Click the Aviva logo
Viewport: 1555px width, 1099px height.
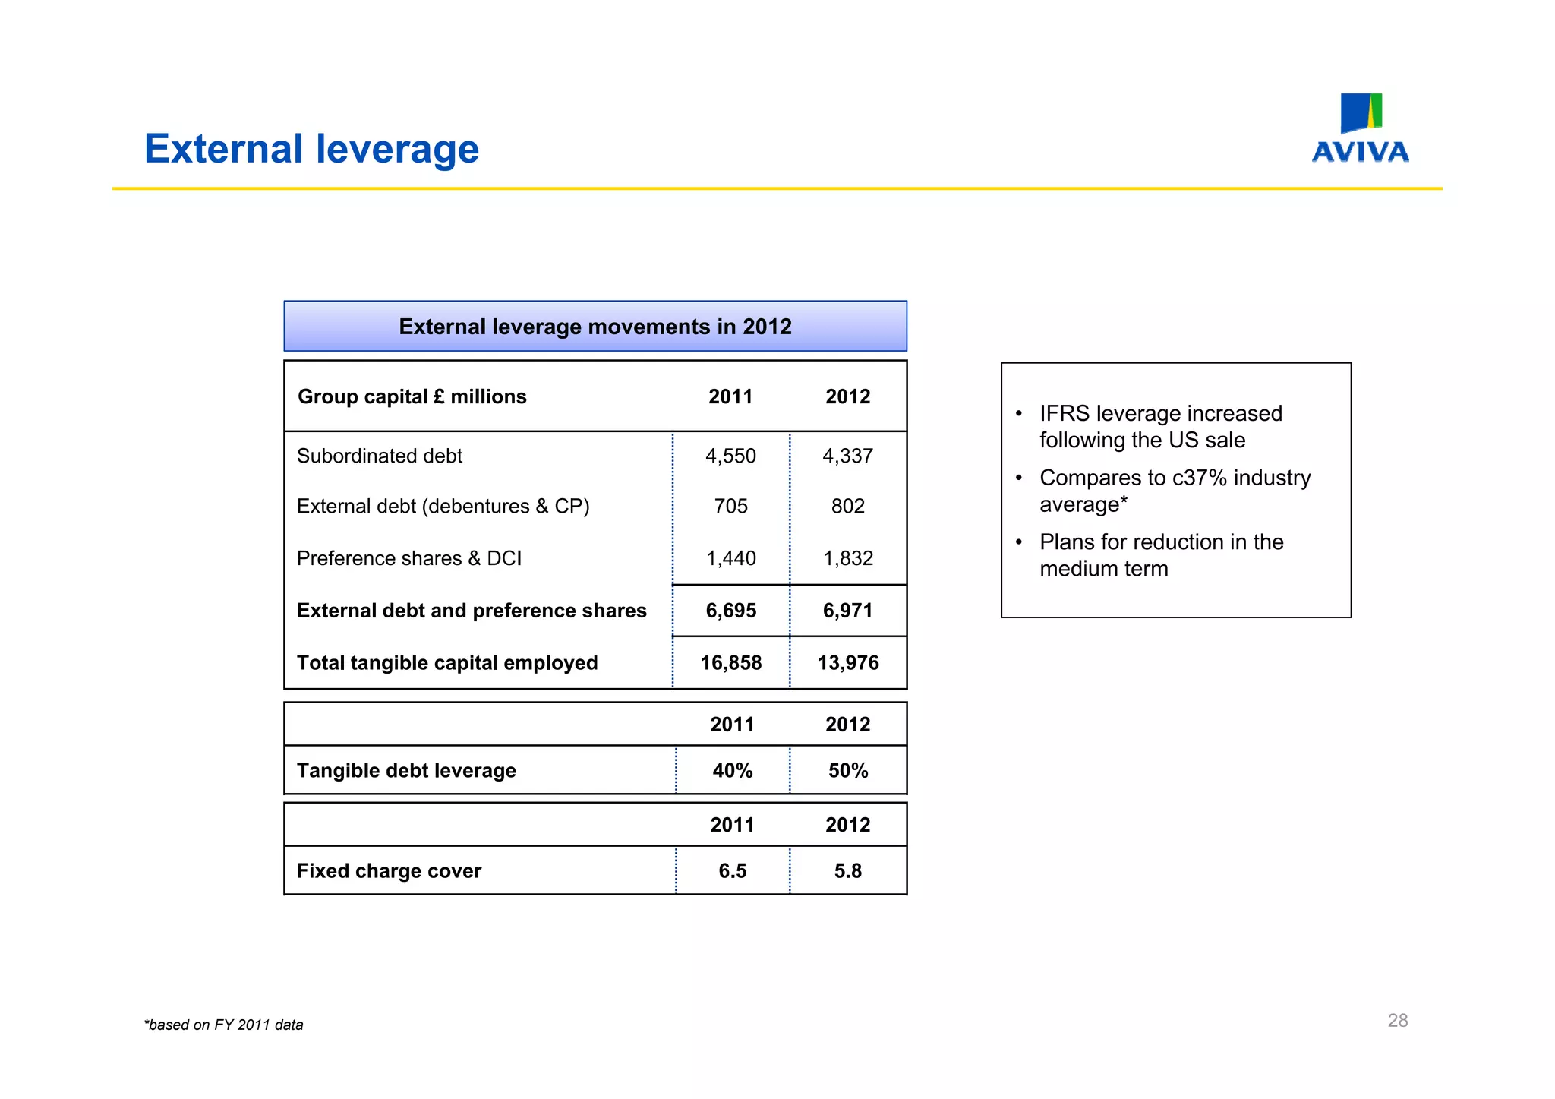(x=1360, y=128)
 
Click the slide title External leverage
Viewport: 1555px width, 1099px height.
(x=311, y=149)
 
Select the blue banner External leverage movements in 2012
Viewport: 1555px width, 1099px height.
(x=595, y=327)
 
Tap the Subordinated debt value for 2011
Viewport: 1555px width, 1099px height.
(x=730, y=456)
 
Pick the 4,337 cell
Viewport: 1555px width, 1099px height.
(x=847, y=456)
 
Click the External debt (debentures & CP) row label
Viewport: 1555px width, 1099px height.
(x=443, y=506)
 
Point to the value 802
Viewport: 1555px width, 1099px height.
(x=847, y=506)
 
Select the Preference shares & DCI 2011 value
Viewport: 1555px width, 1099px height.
(x=730, y=558)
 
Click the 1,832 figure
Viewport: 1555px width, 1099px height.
(x=847, y=558)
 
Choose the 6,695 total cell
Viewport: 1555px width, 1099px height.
(x=730, y=611)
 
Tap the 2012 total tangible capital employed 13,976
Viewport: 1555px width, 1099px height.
(x=847, y=663)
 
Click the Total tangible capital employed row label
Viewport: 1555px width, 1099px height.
(x=447, y=663)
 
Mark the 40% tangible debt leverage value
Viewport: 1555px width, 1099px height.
(x=732, y=771)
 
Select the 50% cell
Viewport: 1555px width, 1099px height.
(x=847, y=771)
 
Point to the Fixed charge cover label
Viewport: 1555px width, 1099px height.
(x=389, y=871)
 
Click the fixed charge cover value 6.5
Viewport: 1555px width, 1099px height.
(x=732, y=871)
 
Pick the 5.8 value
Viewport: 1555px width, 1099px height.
(x=847, y=871)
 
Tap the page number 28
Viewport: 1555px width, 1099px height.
(x=1397, y=1021)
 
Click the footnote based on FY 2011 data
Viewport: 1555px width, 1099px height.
(x=224, y=1025)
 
